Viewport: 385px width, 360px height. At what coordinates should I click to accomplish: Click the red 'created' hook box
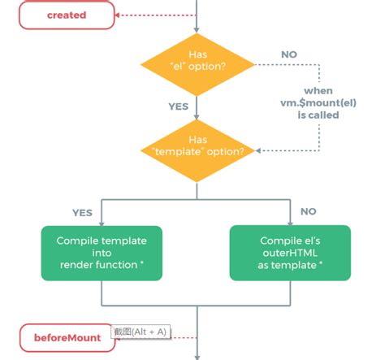pos(67,15)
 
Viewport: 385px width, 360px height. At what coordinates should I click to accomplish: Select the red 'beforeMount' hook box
pos(67,336)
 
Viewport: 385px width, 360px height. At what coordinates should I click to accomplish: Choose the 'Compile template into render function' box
pos(101,253)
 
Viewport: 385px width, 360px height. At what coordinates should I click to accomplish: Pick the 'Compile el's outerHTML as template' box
pos(290,253)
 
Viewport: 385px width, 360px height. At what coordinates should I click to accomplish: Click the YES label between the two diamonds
pos(179,105)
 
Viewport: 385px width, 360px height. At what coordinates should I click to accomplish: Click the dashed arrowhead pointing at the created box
pos(119,15)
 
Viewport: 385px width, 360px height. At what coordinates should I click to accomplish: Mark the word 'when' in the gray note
pos(318,90)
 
